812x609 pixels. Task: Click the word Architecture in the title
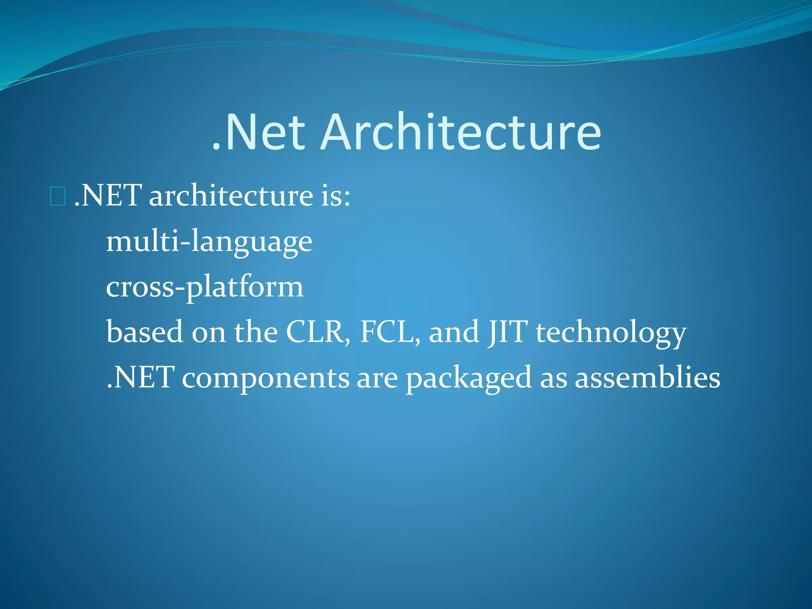461,132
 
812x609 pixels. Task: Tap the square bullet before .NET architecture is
57,197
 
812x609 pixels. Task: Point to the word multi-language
209,242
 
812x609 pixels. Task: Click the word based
144,332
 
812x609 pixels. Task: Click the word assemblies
647,377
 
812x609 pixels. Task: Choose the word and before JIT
454,332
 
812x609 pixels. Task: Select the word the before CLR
256,332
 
